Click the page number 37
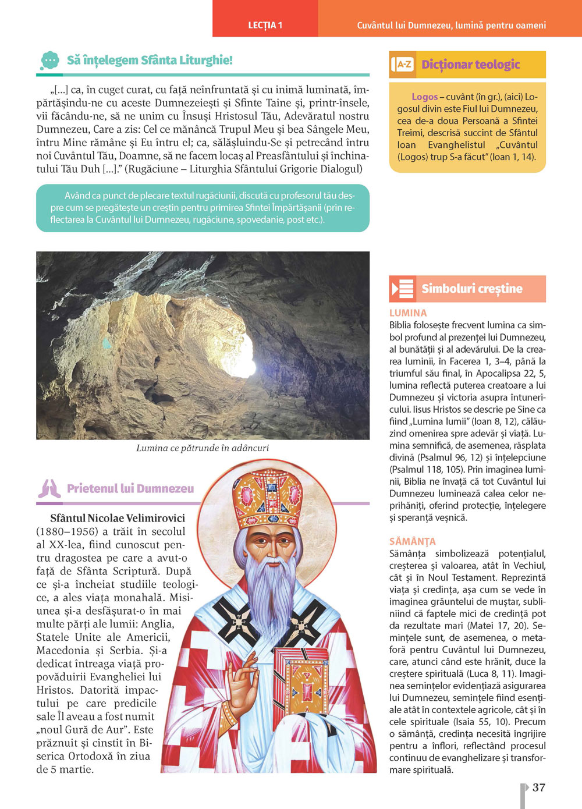pyautogui.click(x=539, y=787)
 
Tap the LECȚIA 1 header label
pyautogui.click(x=265, y=25)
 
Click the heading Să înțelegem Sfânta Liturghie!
pyautogui.click(x=150, y=60)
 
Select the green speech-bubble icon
pyautogui.click(x=50, y=61)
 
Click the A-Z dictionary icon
pyautogui.click(x=403, y=65)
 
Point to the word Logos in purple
pyautogui.click(x=424, y=97)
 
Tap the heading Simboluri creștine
pyautogui.click(x=472, y=289)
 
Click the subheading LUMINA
pyautogui.click(x=408, y=313)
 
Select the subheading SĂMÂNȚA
pyautogui.click(x=412, y=541)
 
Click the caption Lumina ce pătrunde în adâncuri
pyautogui.click(x=203, y=448)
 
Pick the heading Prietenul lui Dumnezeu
pyautogui.click(x=130, y=489)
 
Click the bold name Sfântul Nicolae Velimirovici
pyautogui.click(x=118, y=518)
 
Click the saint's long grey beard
pyautogui.click(x=272, y=588)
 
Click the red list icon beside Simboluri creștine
pyautogui.click(x=403, y=289)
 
